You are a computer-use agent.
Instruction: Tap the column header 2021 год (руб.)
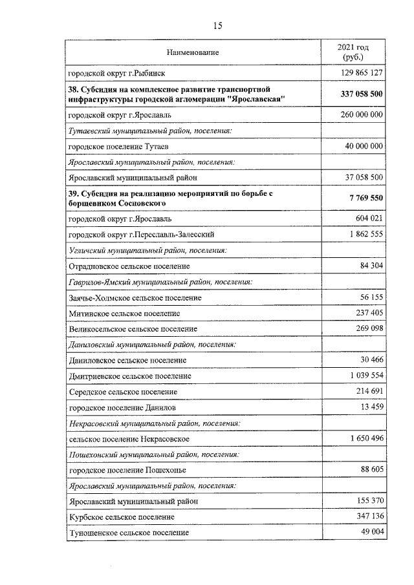click(x=353, y=52)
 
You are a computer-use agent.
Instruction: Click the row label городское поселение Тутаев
click(x=118, y=147)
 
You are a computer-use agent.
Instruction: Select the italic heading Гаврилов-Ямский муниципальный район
click(x=160, y=282)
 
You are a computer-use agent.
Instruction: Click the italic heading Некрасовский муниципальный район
click(x=155, y=423)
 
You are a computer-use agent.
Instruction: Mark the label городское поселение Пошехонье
click(x=122, y=470)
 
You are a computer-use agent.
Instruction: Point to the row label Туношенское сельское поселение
click(x=129, y=533)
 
